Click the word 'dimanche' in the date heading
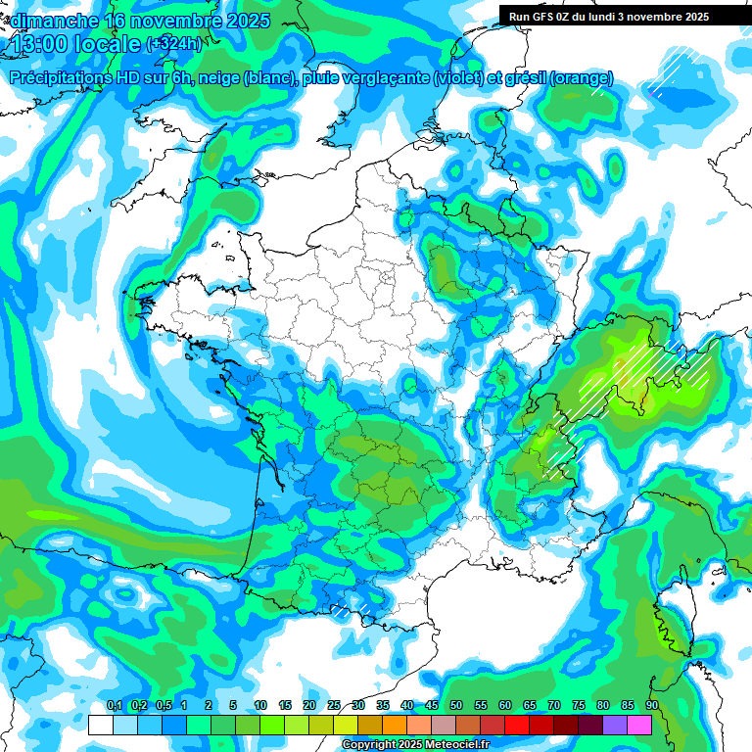click(x=50, y=21)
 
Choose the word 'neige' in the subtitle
click(x=223, y=78)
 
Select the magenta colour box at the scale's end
click(x=639, y=725)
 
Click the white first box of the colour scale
click(x=100, y=725)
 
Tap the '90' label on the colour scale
click(x=651, y=706)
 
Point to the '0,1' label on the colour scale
click(x=114, y=706)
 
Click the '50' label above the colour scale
click(x=455, y=706)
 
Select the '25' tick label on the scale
click(x=333, y=706)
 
